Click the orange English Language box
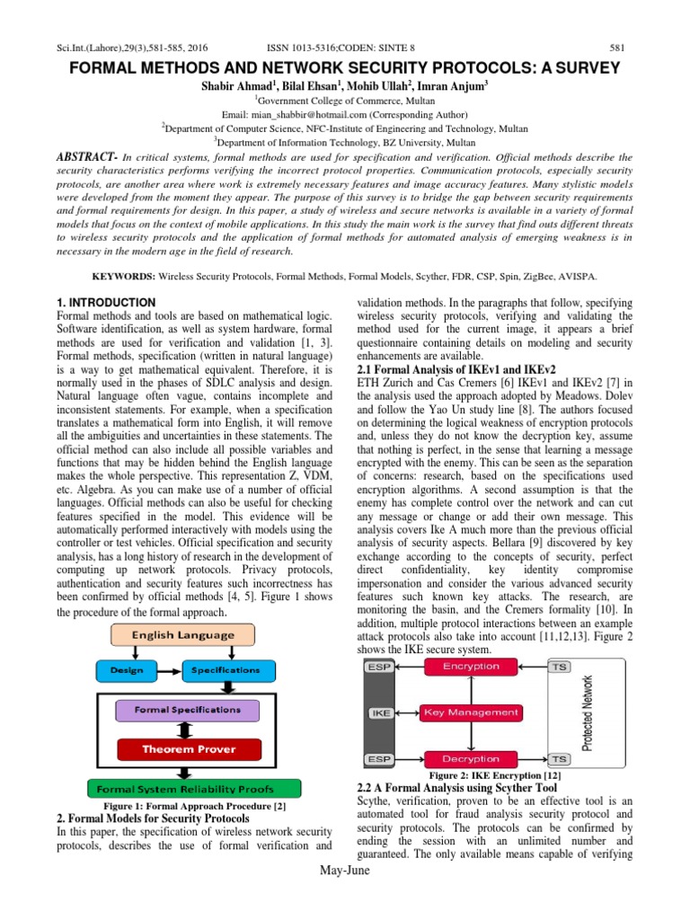(x=184, y=635)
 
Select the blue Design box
(x=126, y=670)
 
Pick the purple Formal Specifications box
(x=187, y=710)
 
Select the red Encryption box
(x=470, y=666)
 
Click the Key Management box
(x=471, y=712)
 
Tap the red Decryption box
(x=470, y=759)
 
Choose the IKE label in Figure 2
(x=380, y=712)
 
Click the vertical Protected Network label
(x=588, y=712)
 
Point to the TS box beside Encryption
(x=558, y=666)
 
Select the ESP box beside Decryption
(x=380, y=759)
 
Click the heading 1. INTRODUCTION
(x=106, y=303)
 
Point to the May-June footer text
(x=345, y=898)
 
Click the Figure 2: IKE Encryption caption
(x=497, y=774)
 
